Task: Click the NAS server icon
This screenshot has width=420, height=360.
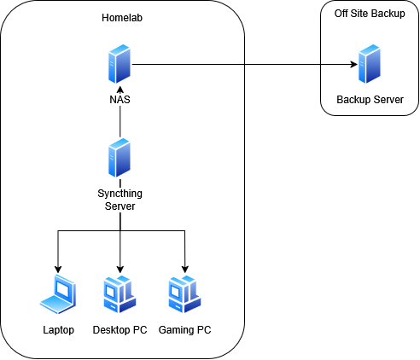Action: [x=120, y=64]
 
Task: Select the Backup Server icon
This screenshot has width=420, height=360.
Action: [x=370, y=64]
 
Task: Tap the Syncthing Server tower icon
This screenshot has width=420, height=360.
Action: [x=120, y=158]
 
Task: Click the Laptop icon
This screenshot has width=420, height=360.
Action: [x=58, y=294]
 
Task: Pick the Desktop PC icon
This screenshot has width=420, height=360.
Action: [x=120, y=294]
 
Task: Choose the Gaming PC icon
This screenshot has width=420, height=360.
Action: [x=184, y=294]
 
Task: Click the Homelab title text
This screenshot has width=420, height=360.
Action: [x=122, y=18]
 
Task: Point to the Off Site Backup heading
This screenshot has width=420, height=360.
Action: [x=370, y=14]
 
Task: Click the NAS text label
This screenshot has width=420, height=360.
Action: [x=120, y=100]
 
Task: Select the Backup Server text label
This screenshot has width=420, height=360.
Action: [x=370, y=100]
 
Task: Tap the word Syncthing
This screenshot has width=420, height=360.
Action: [x=120, y=194]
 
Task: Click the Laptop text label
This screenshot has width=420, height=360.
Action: [x=58, y=330]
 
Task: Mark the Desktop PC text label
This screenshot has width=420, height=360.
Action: [x=120, y=330]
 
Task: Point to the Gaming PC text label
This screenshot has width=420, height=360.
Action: [x=184, y=330]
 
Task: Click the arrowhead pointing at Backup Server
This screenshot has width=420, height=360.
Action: [x=354, y=64]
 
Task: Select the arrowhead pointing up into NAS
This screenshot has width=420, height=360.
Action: [x=120, y=90]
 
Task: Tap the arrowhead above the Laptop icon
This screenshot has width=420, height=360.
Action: [x=58, y=269]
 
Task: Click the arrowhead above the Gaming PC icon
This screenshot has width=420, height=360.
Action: [x=185, y=269]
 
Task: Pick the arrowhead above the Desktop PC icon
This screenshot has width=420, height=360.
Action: [x=120, y=269]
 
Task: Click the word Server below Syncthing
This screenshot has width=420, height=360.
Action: [x=120, y=206]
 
